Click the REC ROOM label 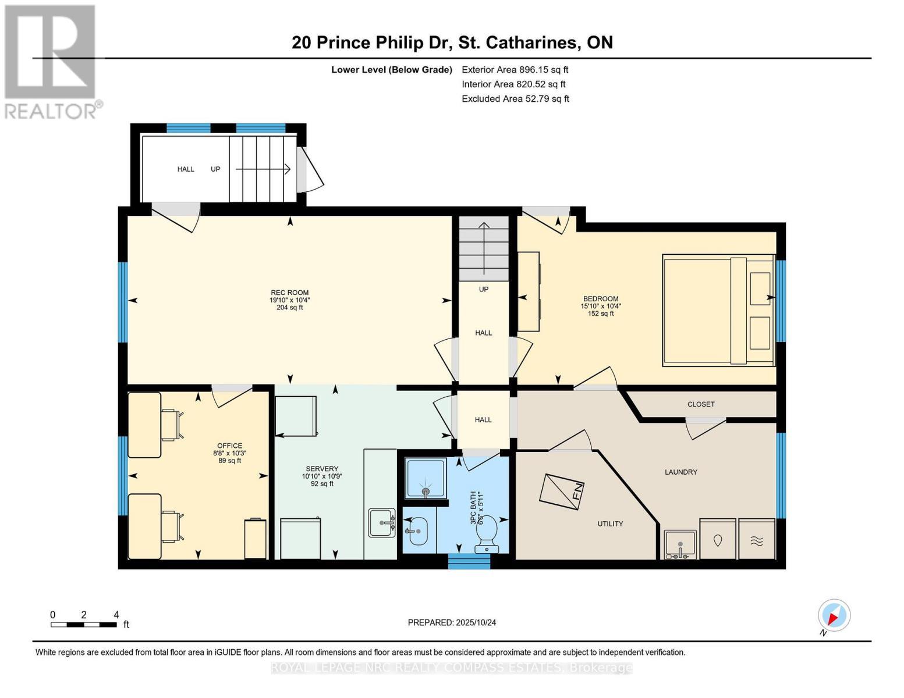click(x=289, y=293)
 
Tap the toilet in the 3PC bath click(x=487, y=532)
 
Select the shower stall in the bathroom click(x=426, y=478)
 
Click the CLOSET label click(x=700, y=404)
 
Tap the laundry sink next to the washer click(x=680, y=544)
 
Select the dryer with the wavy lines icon click(x=756, y=540)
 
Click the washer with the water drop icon click(x=717, y=540)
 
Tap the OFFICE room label click(x=229, y=446)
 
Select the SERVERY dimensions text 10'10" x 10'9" click(x=322, y=476)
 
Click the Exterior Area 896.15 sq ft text click(x=515, y=69)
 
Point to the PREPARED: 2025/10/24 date click(x=452, y=622)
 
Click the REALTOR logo click(x=51, y=61)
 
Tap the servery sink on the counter click(x=381, y=522)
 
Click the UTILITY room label click(x=610, y=523)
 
